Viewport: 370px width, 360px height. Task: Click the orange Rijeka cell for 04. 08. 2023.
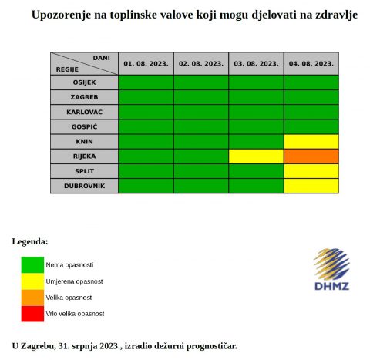pos(311,156)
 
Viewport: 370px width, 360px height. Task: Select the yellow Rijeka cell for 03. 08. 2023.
pos(256,156)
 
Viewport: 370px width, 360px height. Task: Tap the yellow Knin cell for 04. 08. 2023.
pos(311,142)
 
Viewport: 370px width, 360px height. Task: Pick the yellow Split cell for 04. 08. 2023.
pos(311,171)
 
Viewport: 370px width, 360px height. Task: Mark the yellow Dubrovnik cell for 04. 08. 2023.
pos(311,186)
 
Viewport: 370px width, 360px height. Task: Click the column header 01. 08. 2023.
pos(146,64)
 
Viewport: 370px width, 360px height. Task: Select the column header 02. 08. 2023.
pos(201,64)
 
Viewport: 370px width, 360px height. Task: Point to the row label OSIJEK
pos(84,82)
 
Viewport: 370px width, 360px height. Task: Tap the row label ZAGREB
pos(84,97)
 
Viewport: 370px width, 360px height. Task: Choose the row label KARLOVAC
pos(84,112)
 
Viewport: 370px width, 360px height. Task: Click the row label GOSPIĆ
pos(84,126)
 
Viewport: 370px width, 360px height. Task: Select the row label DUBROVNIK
pos(84,186)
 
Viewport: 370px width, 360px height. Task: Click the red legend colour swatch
pos(32,314)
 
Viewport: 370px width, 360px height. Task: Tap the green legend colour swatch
pos(32,265)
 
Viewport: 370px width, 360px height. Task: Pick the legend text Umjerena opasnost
pos(74,281)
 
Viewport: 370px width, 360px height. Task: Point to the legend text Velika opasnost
pos(69,298)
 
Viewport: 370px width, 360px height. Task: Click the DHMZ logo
pos(331,269)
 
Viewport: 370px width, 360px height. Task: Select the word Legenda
pos(30,242)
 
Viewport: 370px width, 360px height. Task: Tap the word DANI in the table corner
pos(101,58)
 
